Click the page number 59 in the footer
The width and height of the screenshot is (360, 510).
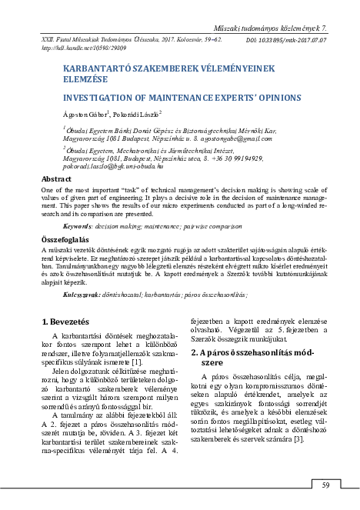tap(325, 484)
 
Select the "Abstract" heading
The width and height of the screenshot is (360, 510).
tap(55, 178)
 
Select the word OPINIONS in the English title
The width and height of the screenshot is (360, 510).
tap(265, 99)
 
